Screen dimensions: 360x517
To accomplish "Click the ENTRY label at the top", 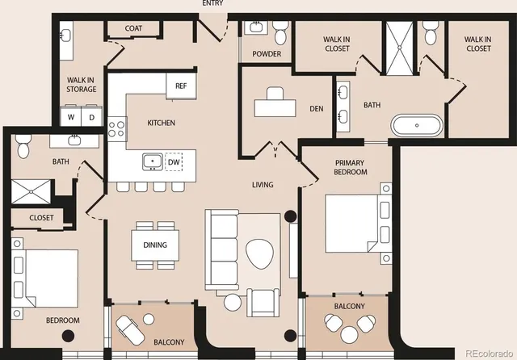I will (213, 4).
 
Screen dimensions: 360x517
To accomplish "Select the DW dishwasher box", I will (173, 161).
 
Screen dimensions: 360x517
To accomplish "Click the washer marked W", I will (72, 117).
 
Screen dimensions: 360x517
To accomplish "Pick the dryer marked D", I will (91, 117).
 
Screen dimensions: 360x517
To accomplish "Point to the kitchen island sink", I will (151, 161).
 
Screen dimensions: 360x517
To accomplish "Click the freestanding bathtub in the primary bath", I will (417, 126).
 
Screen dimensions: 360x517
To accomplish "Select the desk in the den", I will (275, 107).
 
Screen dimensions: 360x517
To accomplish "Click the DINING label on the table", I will (154, 245).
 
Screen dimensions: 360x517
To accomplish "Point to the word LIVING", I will (263, 185).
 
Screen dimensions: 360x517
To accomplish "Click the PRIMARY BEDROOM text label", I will (351, 167).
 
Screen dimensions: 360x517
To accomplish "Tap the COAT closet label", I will (134, 29).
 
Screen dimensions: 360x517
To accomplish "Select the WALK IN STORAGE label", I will (82, 84).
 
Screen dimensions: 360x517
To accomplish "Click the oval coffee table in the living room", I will (260, 255).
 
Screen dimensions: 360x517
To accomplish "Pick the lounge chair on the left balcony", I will (128, 328).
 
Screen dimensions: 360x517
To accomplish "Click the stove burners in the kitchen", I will (118, 129).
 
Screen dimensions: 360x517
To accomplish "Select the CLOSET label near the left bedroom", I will (41, 218).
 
